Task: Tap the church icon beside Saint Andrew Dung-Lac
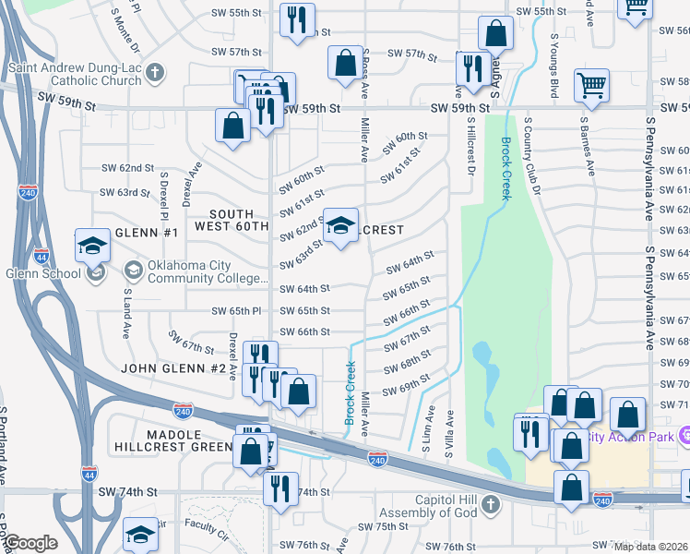click(x=155, y=71)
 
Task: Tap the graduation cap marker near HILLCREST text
click(x=340, y=226)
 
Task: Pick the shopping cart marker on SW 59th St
click(x=592, y=86)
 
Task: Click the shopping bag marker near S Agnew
click(x=495, y=34)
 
